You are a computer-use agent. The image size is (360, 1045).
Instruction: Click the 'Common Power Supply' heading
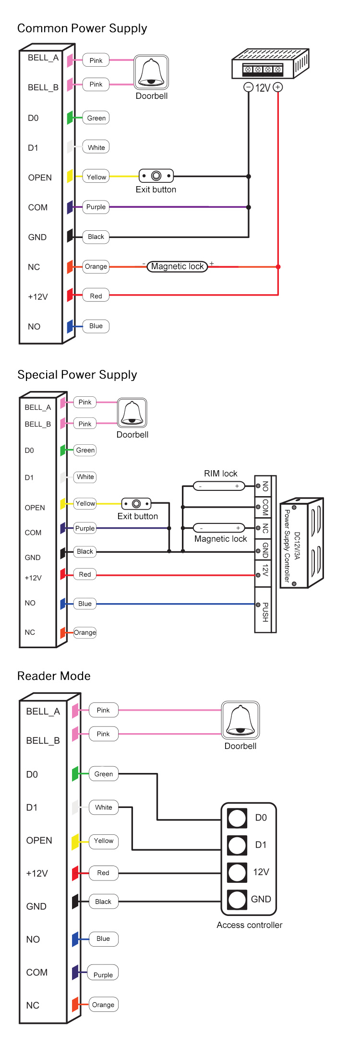pos(82,28)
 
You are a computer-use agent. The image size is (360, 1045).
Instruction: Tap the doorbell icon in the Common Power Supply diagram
pos(151,73)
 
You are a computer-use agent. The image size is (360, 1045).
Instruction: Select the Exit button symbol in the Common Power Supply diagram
pos(156,176)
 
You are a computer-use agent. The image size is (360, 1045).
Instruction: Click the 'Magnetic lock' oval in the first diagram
pos(177,266)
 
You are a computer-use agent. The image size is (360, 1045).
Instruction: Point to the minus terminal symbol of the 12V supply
pos(248,87)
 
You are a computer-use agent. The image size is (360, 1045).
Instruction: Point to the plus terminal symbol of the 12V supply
pos(278,87)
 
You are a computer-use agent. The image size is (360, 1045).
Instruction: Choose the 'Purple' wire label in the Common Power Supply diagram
pos(96,207)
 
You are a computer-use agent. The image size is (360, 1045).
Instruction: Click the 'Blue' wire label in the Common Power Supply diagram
pos(96,326)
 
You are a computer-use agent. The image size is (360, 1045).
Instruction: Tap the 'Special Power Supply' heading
pos(77,375)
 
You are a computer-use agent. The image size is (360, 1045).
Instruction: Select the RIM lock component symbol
pos(219,486)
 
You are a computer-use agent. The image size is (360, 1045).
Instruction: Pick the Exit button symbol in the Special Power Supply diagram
pos(136,504)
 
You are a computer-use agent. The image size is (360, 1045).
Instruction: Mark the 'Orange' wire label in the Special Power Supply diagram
pos(85,632)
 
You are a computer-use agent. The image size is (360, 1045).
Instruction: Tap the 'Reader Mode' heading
pos(54,676)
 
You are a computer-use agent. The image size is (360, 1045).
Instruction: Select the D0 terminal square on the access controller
pos(237,818)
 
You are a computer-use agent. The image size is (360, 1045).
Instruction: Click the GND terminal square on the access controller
pos(237,900)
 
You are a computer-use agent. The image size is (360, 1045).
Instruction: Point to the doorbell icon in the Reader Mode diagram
pos(240,721)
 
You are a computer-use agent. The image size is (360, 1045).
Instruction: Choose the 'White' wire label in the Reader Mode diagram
pos(104,807)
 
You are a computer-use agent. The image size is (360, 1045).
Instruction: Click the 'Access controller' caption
pos(249,925)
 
